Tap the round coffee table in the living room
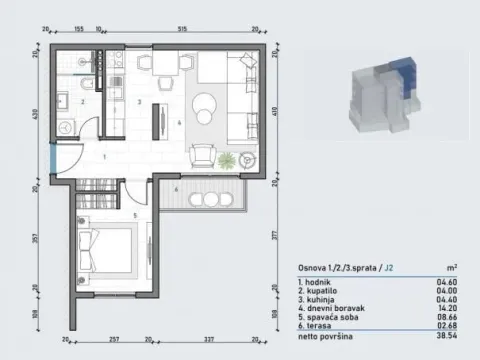(206, 102)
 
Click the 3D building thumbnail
(385, 96)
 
